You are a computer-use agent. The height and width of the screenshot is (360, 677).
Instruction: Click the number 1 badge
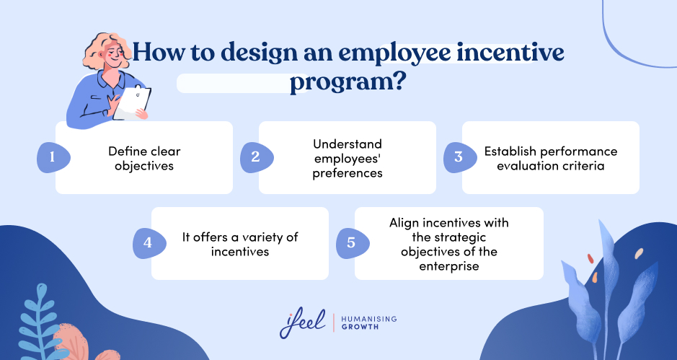[52, 157]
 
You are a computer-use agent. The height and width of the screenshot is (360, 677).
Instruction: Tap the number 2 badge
[255, 157]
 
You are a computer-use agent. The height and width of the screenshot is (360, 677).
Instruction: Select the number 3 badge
[458, 157]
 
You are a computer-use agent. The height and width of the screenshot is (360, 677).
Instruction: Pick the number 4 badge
[148, 243]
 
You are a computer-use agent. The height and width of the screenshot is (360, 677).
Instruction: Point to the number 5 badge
[351, 243]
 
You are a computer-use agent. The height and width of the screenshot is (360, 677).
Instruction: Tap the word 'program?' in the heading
[347, 82]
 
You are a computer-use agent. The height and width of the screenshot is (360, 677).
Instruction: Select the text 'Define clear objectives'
[144, 157]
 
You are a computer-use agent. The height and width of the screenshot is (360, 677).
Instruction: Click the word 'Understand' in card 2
[347, 144]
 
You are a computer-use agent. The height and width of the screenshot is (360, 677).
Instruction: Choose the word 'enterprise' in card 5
[449, 266]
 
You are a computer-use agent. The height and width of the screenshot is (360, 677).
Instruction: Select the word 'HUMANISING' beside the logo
[369, 319]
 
